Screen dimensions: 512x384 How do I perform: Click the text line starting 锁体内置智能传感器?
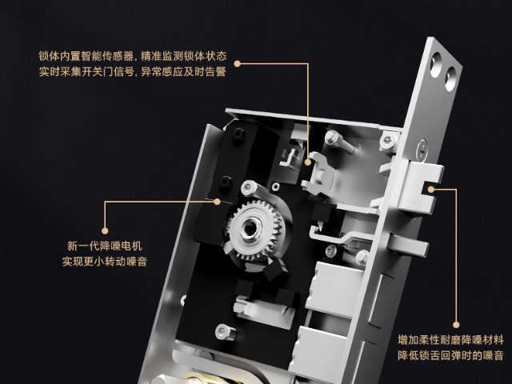133,56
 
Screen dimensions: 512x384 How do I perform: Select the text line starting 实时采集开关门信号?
133,71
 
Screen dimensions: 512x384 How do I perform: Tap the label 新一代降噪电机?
105,246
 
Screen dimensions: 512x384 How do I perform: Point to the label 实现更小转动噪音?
105,262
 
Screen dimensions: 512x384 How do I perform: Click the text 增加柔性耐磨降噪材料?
450,340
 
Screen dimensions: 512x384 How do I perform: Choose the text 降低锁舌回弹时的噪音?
450,355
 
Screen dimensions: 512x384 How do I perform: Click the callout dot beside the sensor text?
238,64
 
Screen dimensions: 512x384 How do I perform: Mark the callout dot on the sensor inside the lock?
307,162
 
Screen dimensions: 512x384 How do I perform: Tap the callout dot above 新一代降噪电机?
105,231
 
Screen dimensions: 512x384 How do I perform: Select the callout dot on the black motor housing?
217,202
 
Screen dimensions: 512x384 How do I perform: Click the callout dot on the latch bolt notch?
431,190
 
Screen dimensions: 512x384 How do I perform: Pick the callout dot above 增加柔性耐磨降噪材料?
456,325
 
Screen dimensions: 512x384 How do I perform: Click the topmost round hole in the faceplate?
436,65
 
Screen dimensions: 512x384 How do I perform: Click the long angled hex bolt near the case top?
341,142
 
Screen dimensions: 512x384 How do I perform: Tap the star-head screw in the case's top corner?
388,141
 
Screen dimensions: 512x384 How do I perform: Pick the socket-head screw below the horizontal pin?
225,332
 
